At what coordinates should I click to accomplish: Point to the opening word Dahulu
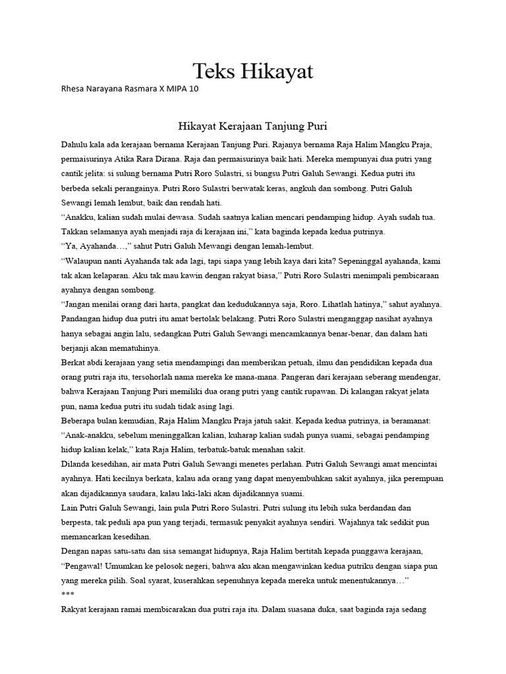pyautogui.click(x=74, y=143)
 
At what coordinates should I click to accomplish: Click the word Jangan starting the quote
pyautogui.click(x=80, y=304)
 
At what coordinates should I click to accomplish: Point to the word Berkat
pyautogui.click(x=73, y=363)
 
